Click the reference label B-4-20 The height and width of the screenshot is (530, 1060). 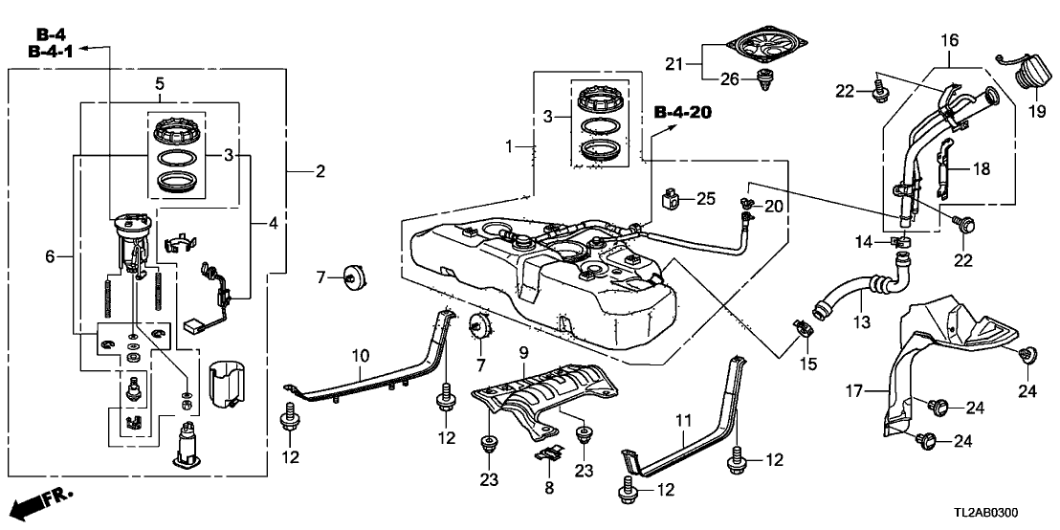683,113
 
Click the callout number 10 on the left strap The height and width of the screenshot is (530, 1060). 359,356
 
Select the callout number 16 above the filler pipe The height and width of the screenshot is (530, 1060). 948,41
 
